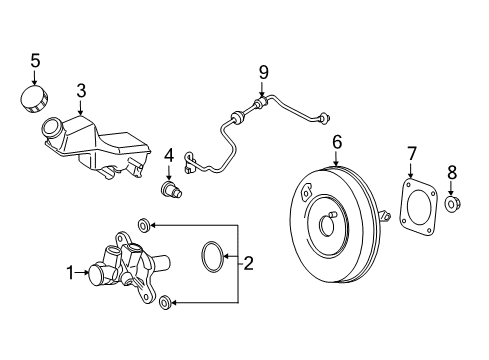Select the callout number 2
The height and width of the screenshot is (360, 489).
(x=249, y=263)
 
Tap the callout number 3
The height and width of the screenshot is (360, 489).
(x=82, y=91)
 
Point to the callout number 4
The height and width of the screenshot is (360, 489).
(x=169, y=155)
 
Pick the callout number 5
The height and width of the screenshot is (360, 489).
(x=35, y=61)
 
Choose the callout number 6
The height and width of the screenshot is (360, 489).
(x=337, y=142)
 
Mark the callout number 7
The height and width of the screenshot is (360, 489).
(x=411, y=152)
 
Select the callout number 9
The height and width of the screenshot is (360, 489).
(x=263, y=72)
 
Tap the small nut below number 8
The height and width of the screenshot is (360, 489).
(x=451, y=204)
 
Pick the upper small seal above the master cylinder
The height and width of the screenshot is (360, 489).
(x=146, y=224)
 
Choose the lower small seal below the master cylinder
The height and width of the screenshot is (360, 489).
(x=166, y=301)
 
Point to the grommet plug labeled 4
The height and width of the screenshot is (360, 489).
(x=170, y=189)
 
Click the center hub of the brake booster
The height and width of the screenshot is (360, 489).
(x=329, y=222)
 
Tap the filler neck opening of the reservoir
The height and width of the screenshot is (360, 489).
(x=52, y=128)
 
